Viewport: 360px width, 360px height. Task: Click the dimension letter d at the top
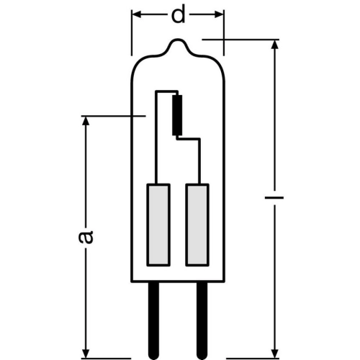click(x=178, y=14)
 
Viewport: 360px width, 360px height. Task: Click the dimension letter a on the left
click(x=86, y=237)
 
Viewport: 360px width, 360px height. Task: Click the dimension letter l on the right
click(x=274, y=198)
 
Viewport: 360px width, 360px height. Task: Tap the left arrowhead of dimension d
click(x=137, y=14)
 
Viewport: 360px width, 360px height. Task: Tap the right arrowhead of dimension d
click(x=219, y=14)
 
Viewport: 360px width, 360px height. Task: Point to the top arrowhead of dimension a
click(x=86, y=121)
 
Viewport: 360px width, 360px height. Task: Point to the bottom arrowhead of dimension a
click(x=86, y=354)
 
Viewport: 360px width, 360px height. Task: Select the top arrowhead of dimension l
click(x=275, y=44)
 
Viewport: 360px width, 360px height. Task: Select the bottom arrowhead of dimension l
click(x=275, y=354)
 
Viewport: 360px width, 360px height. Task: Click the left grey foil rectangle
click(x=158, y=225)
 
